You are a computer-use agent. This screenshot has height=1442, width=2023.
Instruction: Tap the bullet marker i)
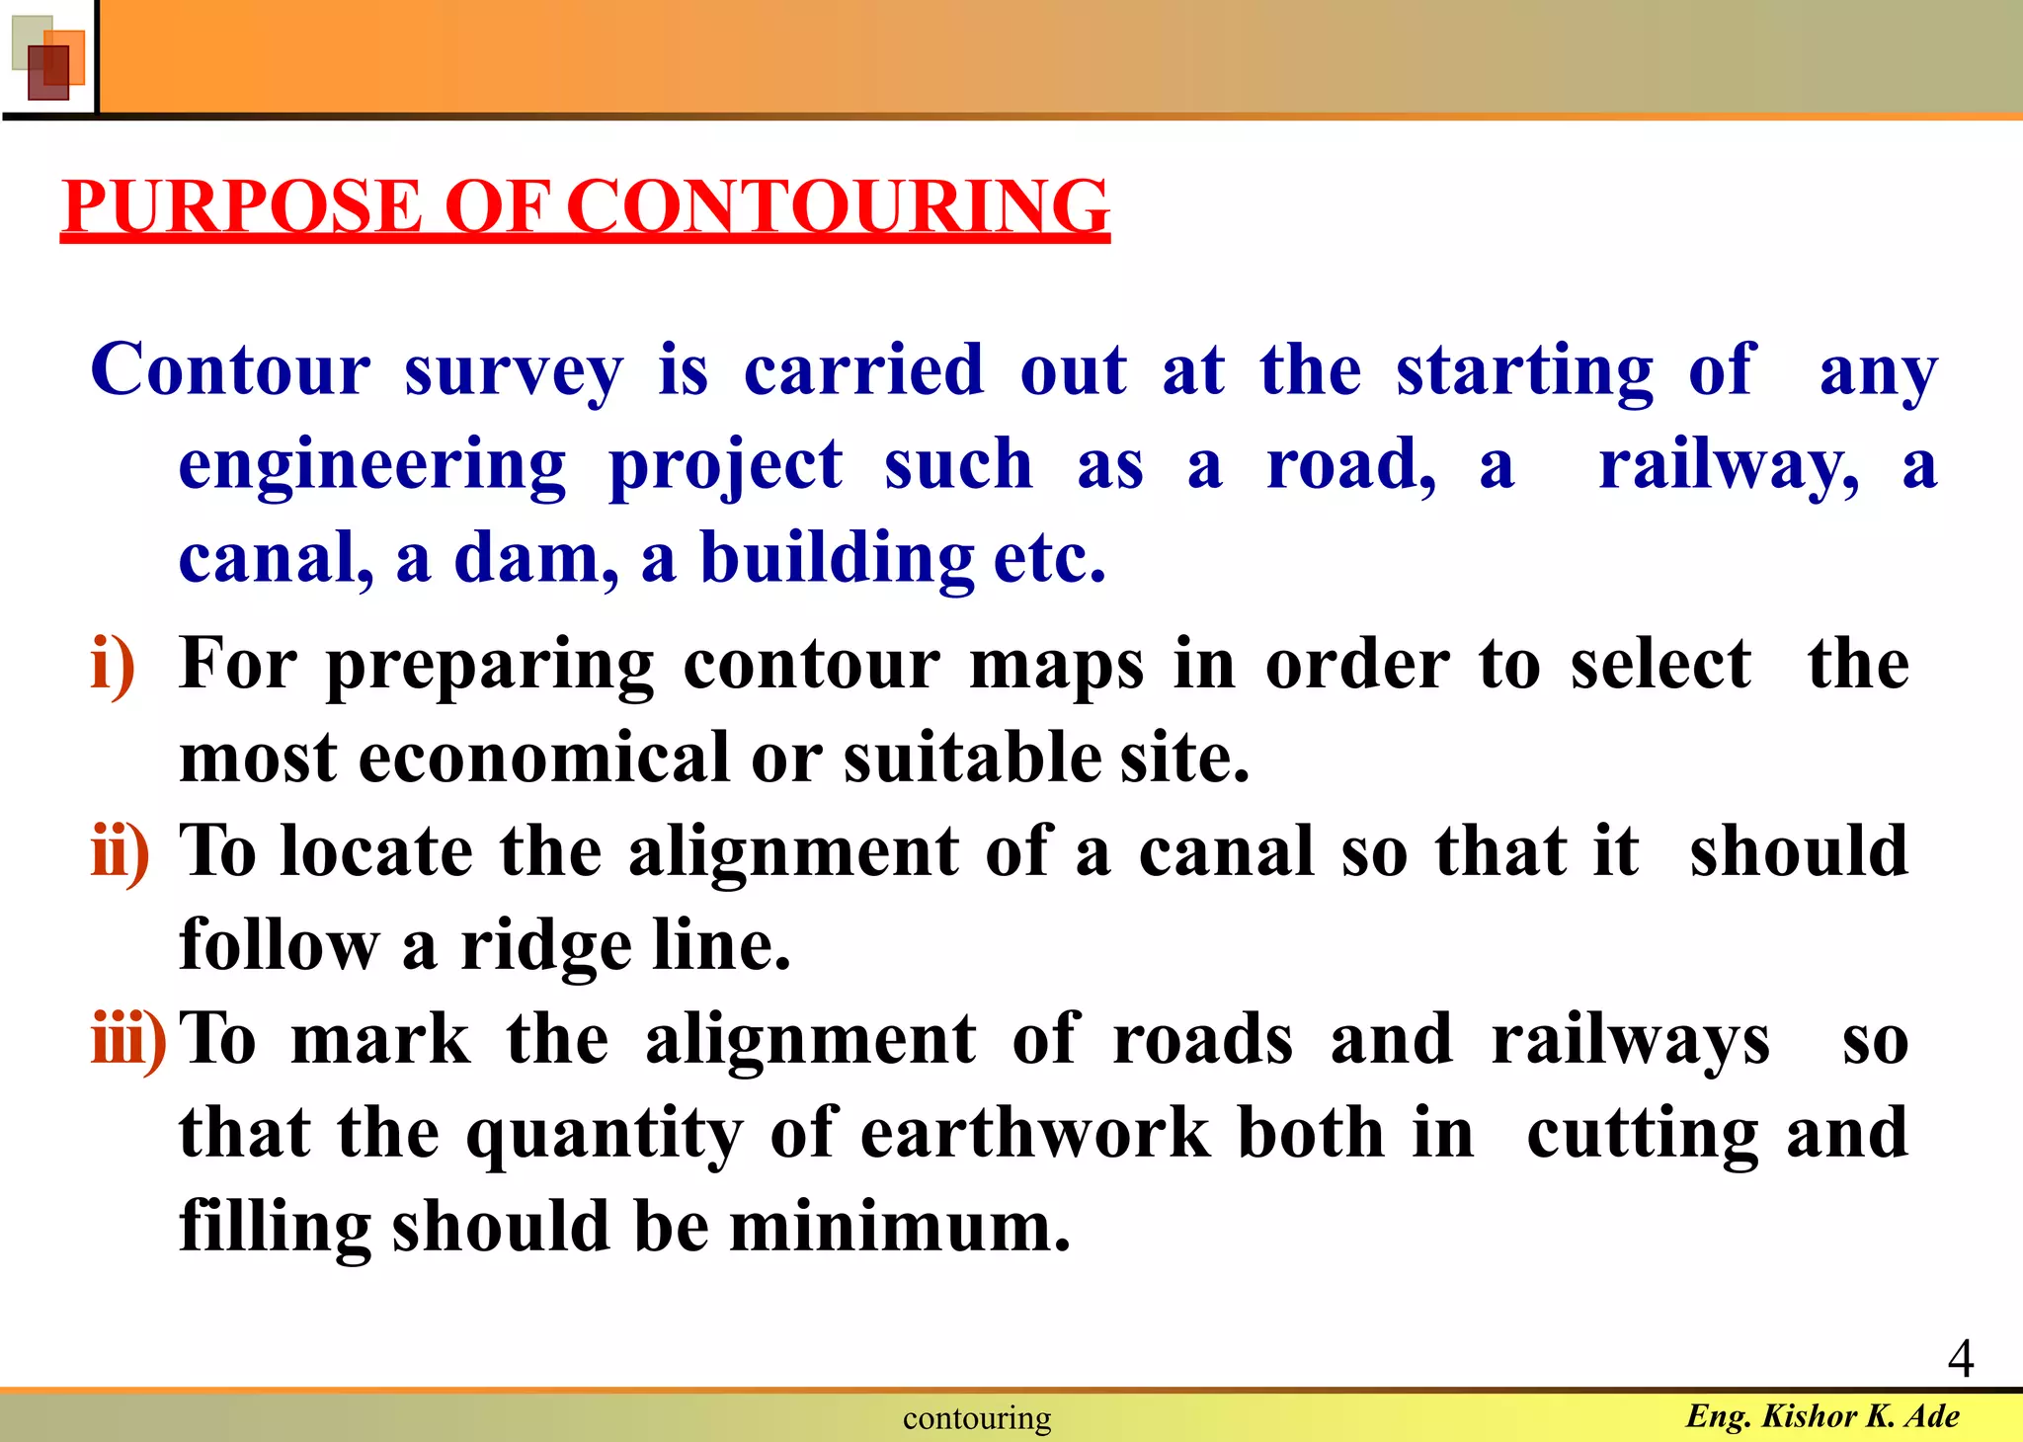(x=113, y=665)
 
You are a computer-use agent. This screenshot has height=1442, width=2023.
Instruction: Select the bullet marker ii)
(x=121, y=852)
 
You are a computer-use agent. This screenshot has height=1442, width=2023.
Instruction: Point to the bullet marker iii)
(x=128, y=1040)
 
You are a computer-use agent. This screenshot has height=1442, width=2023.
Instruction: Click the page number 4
(x=1960, y=1358)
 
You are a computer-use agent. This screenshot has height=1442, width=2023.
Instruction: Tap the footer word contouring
(x=977, y=1418)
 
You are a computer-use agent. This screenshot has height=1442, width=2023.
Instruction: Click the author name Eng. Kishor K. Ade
(x=1822, y=1415)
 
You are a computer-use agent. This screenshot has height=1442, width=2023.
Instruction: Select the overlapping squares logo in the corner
(x=47, y=57)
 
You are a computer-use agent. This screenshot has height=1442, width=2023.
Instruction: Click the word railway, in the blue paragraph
(x=1729, y=465)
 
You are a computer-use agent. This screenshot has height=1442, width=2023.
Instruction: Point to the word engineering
(x=372, y=465)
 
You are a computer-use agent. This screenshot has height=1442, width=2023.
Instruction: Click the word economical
(x=542, y=758)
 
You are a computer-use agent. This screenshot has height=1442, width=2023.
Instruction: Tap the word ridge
(x=546, y=946)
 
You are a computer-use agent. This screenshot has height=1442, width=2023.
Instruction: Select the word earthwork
(x=1035, y=1133)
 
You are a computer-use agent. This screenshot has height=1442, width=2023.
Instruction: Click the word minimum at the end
(x=899, y=1227)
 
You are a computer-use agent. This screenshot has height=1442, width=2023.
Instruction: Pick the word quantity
(x=605, y=1133)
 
